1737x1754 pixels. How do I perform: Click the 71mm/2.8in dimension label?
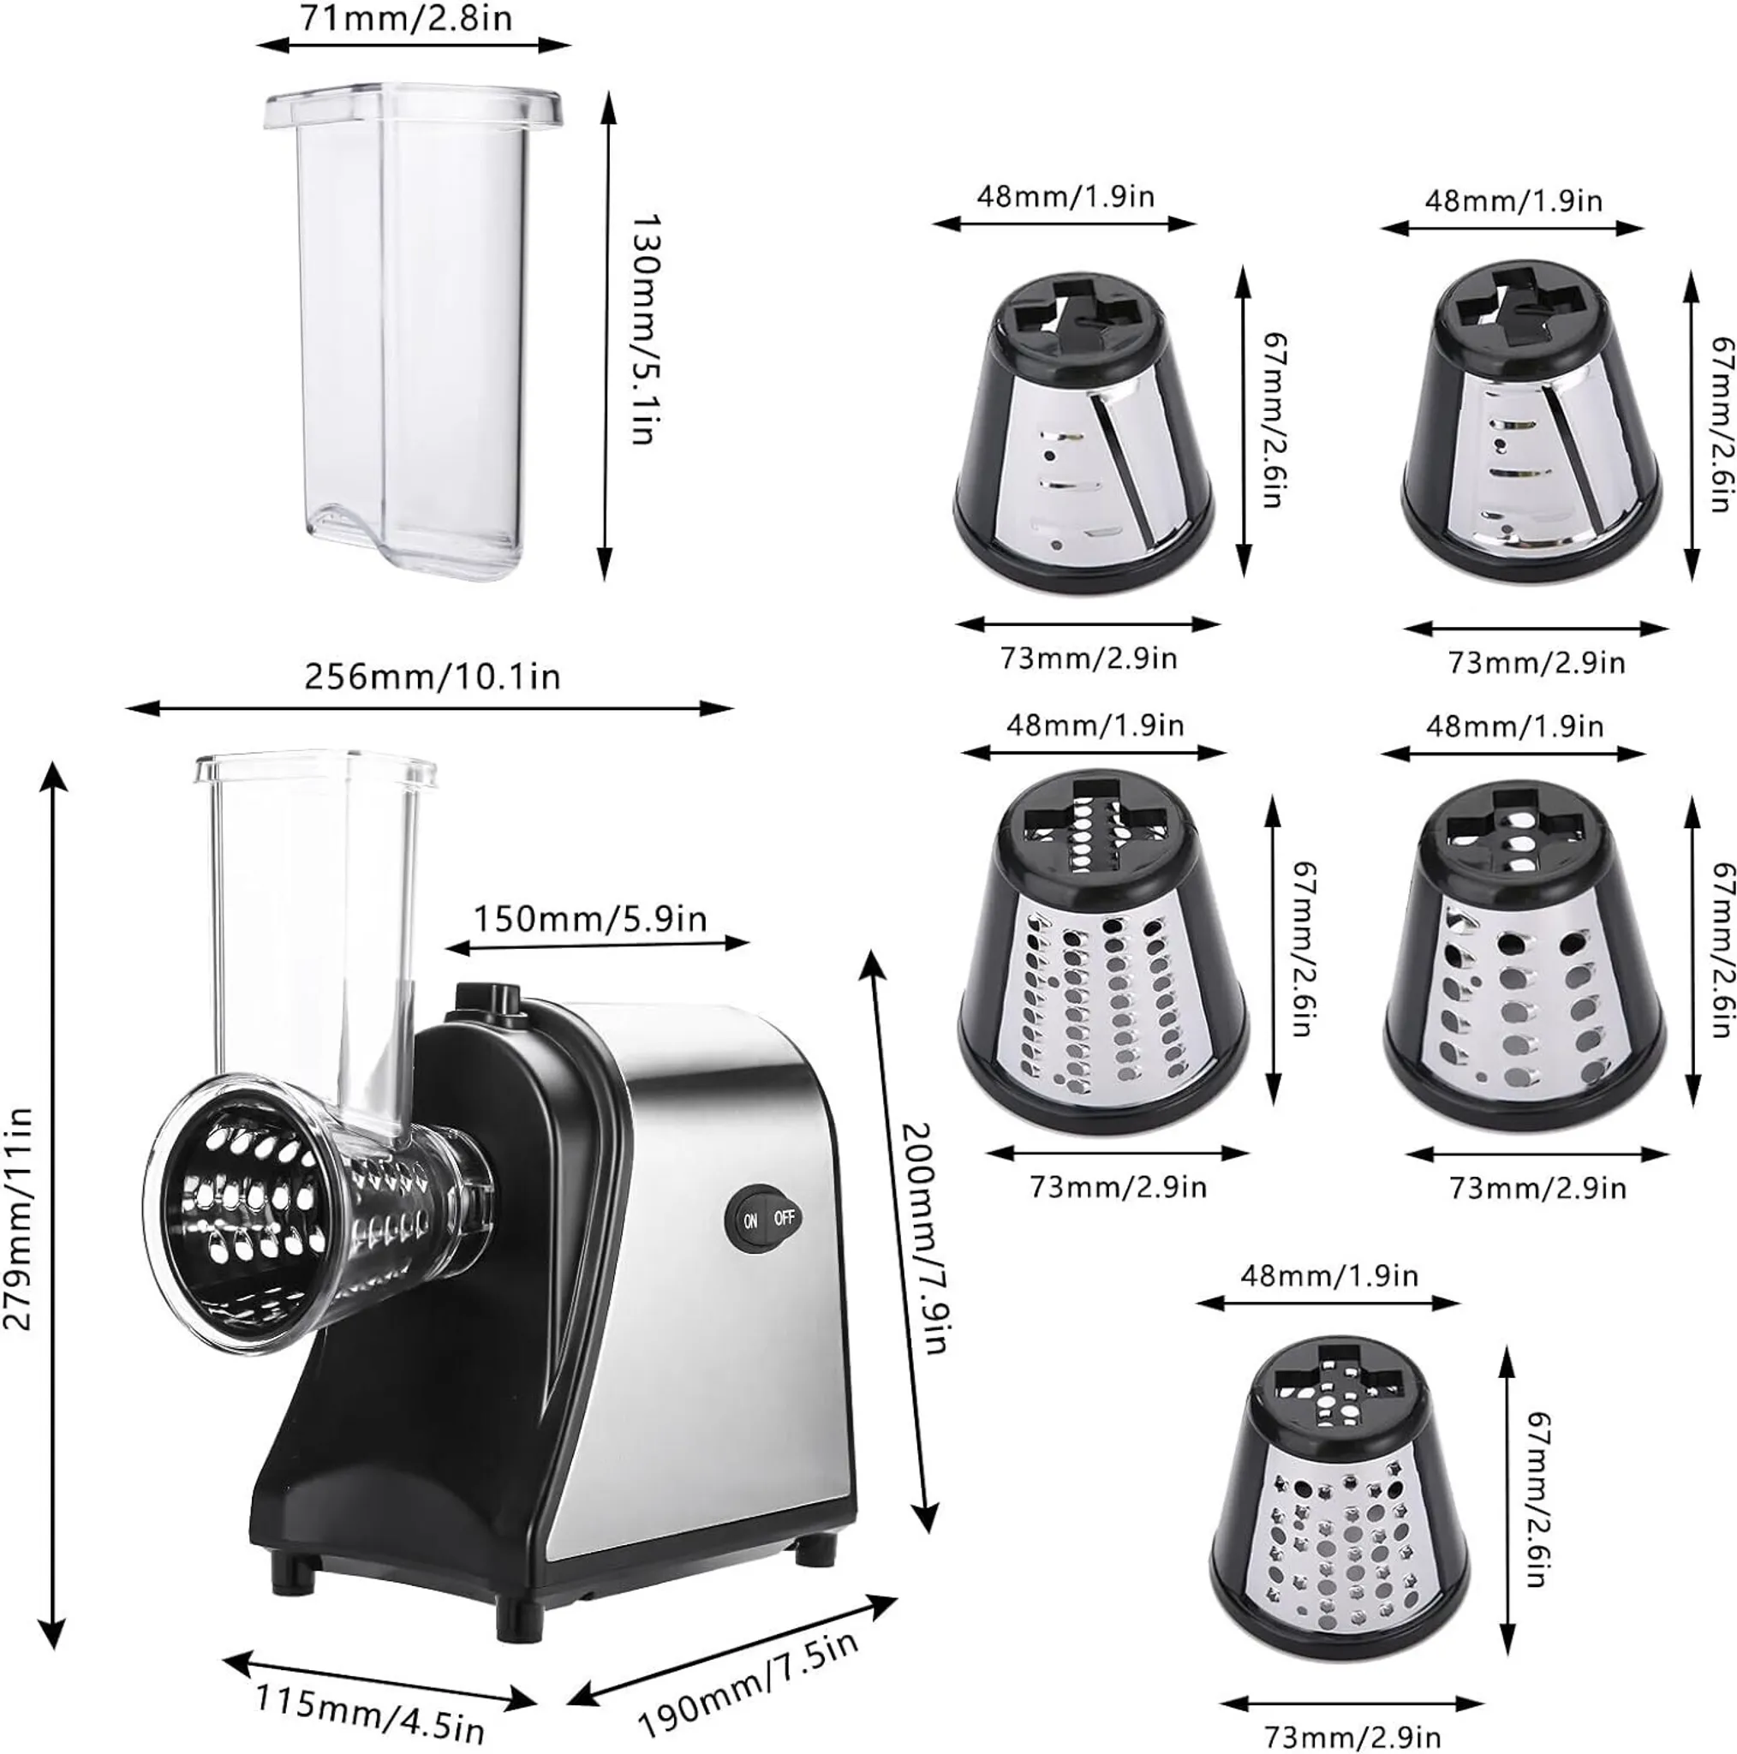point(406,19)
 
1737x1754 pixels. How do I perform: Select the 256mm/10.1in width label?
point(433,677)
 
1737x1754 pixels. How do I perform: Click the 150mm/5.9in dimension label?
point(590,919)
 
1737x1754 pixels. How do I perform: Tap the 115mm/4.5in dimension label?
point(369,1709)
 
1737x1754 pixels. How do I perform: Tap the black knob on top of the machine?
point(487,999)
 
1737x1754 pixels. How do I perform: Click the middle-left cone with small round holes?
point(1102,953)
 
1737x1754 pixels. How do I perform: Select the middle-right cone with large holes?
point(1525,957)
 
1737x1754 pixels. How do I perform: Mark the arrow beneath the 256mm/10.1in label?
point(429,708)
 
